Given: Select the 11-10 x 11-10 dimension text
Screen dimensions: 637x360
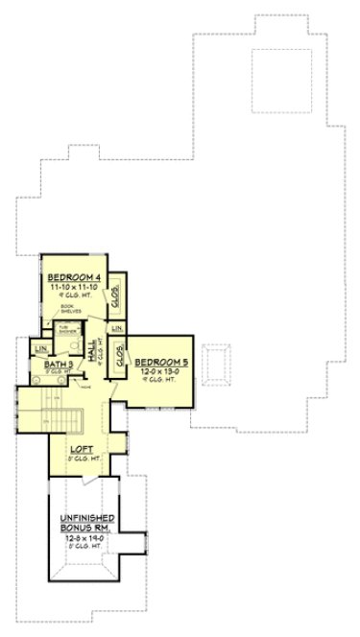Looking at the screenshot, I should pyautogui.click(x=74, y=286).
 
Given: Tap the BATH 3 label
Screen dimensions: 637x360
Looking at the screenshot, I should pyautogui.click(x=55, y=365).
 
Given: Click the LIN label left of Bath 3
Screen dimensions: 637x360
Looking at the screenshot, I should pyautogui.click(x=41, y=348).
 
